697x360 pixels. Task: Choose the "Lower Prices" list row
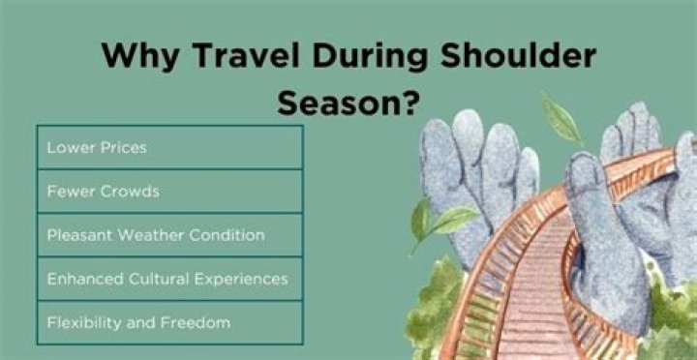tap(169, 148)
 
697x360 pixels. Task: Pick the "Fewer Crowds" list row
tap(169, 192)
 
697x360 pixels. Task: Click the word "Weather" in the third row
tap(157, 235)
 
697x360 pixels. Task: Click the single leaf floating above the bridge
tap(561, 119)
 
